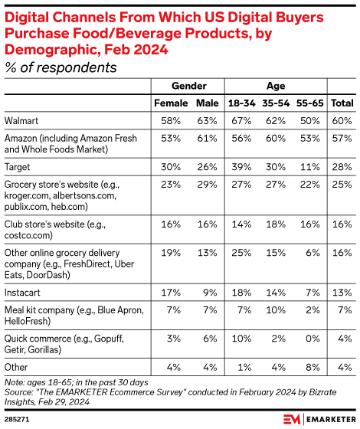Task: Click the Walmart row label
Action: (24, 120)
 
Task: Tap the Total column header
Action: (342, 103)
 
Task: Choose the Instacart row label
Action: (24, 292)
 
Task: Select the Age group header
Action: (276, 86)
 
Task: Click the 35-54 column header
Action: (276, 103)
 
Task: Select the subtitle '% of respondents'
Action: (61, 67)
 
